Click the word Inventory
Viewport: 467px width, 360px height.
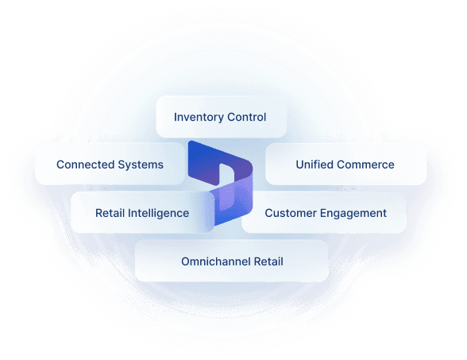(199, 118)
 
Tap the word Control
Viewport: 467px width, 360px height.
(246, 117)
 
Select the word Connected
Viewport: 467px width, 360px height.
(86, 165)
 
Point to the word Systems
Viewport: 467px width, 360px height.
(141, 165)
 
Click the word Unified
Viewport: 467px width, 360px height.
(315, 165)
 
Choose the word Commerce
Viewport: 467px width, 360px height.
(365, 165)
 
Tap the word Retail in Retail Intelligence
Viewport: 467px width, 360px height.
(110, 213)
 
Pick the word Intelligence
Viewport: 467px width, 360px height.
(159, 213)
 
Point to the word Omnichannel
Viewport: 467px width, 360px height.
(216, 261)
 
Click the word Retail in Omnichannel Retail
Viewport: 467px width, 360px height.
(268, 261)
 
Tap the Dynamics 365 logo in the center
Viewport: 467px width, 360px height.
(221, 183)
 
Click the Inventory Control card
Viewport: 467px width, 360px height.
(222, 117)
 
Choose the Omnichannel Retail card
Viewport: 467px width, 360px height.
(231, 261)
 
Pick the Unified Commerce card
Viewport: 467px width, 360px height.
(345, 165)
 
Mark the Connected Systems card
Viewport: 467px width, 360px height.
(110, 165)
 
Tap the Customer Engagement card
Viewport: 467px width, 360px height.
(325, 212)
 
